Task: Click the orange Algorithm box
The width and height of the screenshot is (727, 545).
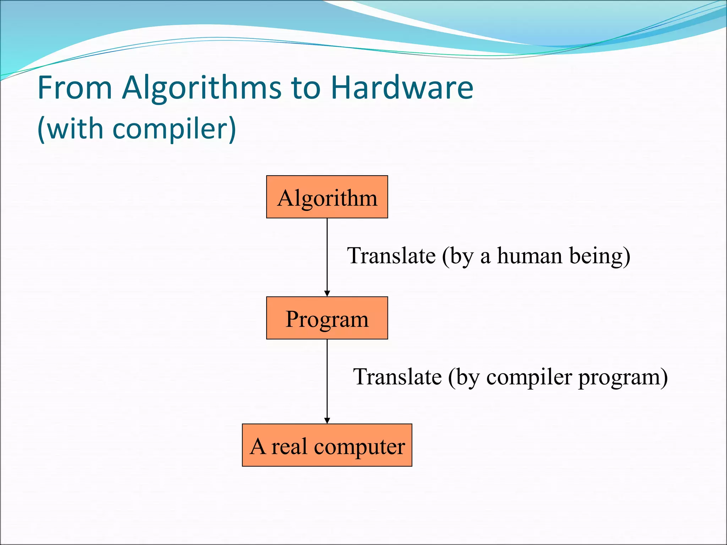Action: pos(327,197)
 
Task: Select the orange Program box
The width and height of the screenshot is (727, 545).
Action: pos(327,318)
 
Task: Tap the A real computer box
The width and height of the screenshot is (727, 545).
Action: pos(327,445)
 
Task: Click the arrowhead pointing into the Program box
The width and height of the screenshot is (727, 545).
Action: pos(327,293)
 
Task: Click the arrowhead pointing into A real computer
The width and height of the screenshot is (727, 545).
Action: pos(327,420)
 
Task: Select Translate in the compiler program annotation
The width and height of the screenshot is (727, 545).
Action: pos(397,377)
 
